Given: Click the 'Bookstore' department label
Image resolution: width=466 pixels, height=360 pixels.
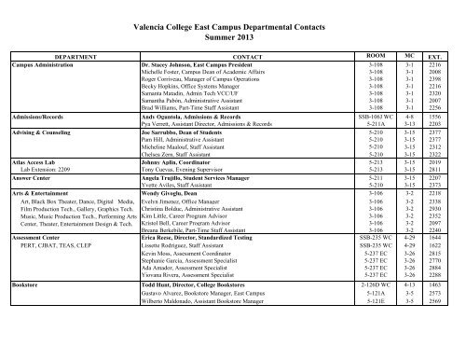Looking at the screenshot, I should point(25,339).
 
